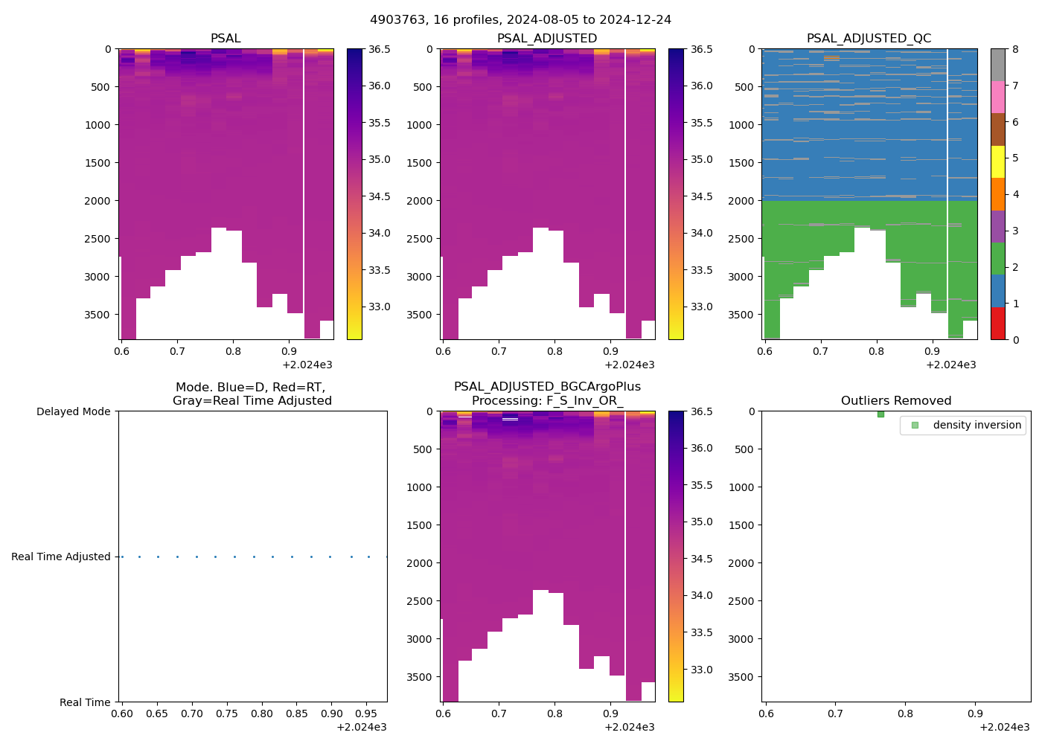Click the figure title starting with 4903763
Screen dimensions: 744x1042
point(520,20)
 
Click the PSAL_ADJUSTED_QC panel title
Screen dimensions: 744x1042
point(869,39)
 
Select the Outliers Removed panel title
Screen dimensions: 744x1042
point(895,401)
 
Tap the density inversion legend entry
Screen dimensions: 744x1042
point(977,425)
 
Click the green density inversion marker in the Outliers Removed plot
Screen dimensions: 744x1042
point(880,414)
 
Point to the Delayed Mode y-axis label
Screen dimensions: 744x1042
point(73,411)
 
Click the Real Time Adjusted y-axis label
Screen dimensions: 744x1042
point(60,557)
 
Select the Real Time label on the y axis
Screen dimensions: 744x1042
point(85,702)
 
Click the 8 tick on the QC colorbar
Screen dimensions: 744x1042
point(1015,49)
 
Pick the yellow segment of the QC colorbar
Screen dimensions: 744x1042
point(998,161)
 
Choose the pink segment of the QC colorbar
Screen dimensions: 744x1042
point(998,97)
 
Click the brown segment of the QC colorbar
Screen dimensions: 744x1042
point(998,129)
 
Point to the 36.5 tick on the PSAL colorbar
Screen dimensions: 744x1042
point(380,49)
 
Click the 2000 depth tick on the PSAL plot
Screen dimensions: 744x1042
point(98,201)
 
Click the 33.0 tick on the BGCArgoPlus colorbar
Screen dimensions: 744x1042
point(703,670)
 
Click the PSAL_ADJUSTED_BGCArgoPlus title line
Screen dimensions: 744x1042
point(547,387)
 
